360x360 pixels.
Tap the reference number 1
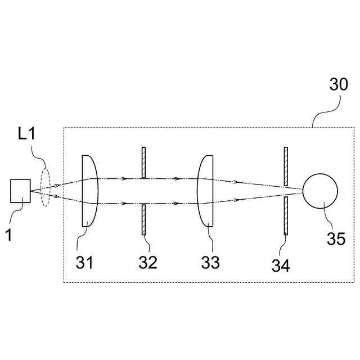[8, 233]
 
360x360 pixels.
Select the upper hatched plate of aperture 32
[144, 163]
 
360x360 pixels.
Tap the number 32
[148, 262]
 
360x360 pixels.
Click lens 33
[206, 191]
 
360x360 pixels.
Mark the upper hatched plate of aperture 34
[286, 166]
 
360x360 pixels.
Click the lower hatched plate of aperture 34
[286, 215]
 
